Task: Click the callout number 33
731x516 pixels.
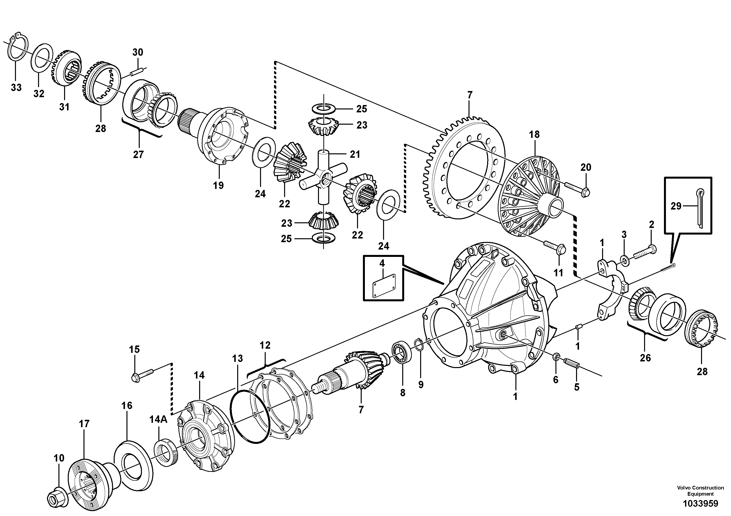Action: (16, 87)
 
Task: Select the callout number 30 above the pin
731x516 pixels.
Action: (138, 52)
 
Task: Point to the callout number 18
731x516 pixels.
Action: (535, 134)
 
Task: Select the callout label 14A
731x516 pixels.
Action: (159, 420)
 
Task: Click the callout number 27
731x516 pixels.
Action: (138, 155)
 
